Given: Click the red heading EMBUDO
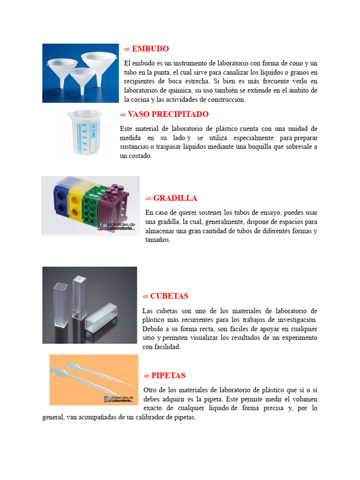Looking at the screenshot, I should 150,49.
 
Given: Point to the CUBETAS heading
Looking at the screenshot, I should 169,296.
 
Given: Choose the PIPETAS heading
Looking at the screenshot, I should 168,375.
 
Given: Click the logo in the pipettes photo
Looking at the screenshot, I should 119,398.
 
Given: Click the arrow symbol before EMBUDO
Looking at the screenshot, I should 127,49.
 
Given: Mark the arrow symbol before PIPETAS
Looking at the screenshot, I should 146,375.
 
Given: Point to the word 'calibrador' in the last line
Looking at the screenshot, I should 150,417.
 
